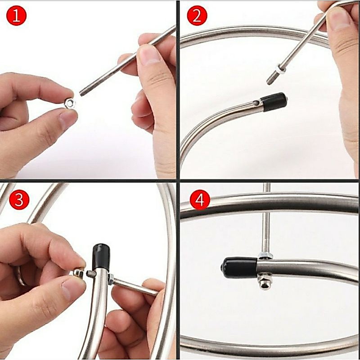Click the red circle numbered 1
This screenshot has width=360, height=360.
pos(16,15)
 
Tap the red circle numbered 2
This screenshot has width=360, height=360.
pos(197,15)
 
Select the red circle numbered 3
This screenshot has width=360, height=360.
pos(19,199)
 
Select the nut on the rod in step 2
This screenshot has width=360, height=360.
pos(280,69)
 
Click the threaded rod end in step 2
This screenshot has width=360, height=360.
pos(271,78)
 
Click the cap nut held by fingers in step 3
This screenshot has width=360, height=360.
pos(78,273)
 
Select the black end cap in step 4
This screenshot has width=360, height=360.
pos(239,268)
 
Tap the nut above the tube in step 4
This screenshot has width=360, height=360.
pos(265,256)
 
